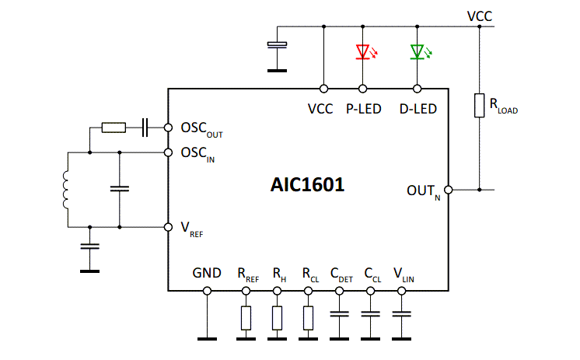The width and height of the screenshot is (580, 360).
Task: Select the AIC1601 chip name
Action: pos(307,186)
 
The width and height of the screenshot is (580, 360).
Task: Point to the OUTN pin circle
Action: pos(448,189)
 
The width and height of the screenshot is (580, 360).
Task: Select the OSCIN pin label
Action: pos(197,153)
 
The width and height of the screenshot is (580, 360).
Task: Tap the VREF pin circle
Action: pos(168,227)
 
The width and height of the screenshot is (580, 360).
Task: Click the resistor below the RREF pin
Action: pos(246,317)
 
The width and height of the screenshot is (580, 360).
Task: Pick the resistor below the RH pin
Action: pos(277,317)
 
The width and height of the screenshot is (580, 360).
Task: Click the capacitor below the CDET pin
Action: pos(339,315)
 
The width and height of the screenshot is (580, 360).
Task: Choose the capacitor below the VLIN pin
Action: pos(401,315)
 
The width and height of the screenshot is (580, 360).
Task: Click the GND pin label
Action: pos(207,273)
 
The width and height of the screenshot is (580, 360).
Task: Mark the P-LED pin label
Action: pos(363,109)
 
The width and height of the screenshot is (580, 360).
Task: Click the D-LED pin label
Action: pos(418,109)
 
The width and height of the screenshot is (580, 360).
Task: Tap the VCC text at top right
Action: pos(479,15)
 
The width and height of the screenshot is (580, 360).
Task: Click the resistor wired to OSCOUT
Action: pos(113,127)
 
